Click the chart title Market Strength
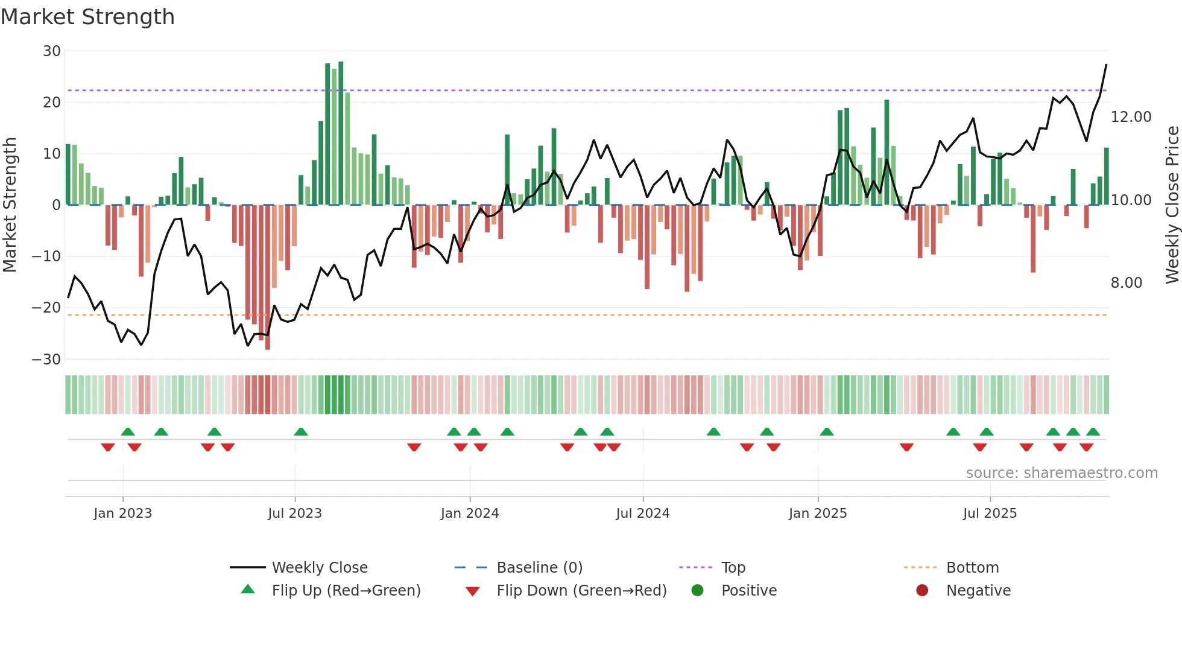(x=87, y=17)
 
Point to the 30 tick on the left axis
(x=52, y=51)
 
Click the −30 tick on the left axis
(x=47, y=360)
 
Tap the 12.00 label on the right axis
(x=1131, y=117)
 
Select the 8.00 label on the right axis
(x=1126, y=283)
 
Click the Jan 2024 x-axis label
(x=470, y=514)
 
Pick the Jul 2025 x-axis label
(x=990, y=514)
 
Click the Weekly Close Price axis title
(x=1172, y=205)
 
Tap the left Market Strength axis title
(x=10, y=205)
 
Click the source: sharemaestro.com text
(x=1061, y=473)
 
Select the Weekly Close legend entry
(x=319, y=568)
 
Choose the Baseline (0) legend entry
(x=539, y=568)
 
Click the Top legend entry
(x=733, y=568)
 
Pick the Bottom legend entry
(x=972, y=568)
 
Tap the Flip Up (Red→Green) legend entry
(x=346, y=591)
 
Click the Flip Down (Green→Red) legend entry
(x=581, y=591)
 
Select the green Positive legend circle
(x=698, y=591)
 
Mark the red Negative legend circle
(x=922, y=591)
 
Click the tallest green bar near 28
(x=341, y=133)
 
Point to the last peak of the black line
(x=1106, y=65)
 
